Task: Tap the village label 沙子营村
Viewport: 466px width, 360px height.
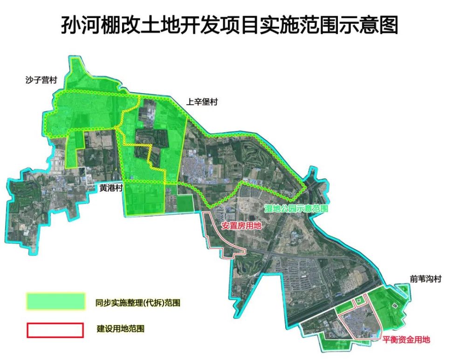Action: (x=41, y=80)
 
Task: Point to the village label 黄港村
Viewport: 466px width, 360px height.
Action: (x=111, y=188)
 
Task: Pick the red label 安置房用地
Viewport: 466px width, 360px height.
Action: (x=241, y=226)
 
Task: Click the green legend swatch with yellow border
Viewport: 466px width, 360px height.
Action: (x=55, y=301)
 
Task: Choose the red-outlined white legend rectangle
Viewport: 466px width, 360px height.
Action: (x=55, y=330)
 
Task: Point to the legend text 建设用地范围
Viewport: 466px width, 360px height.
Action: (x=120, y=329)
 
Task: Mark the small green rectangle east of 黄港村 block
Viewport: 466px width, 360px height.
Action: (x=185, y=204)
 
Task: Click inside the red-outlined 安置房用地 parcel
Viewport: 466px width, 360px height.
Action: (x=219, y=233)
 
